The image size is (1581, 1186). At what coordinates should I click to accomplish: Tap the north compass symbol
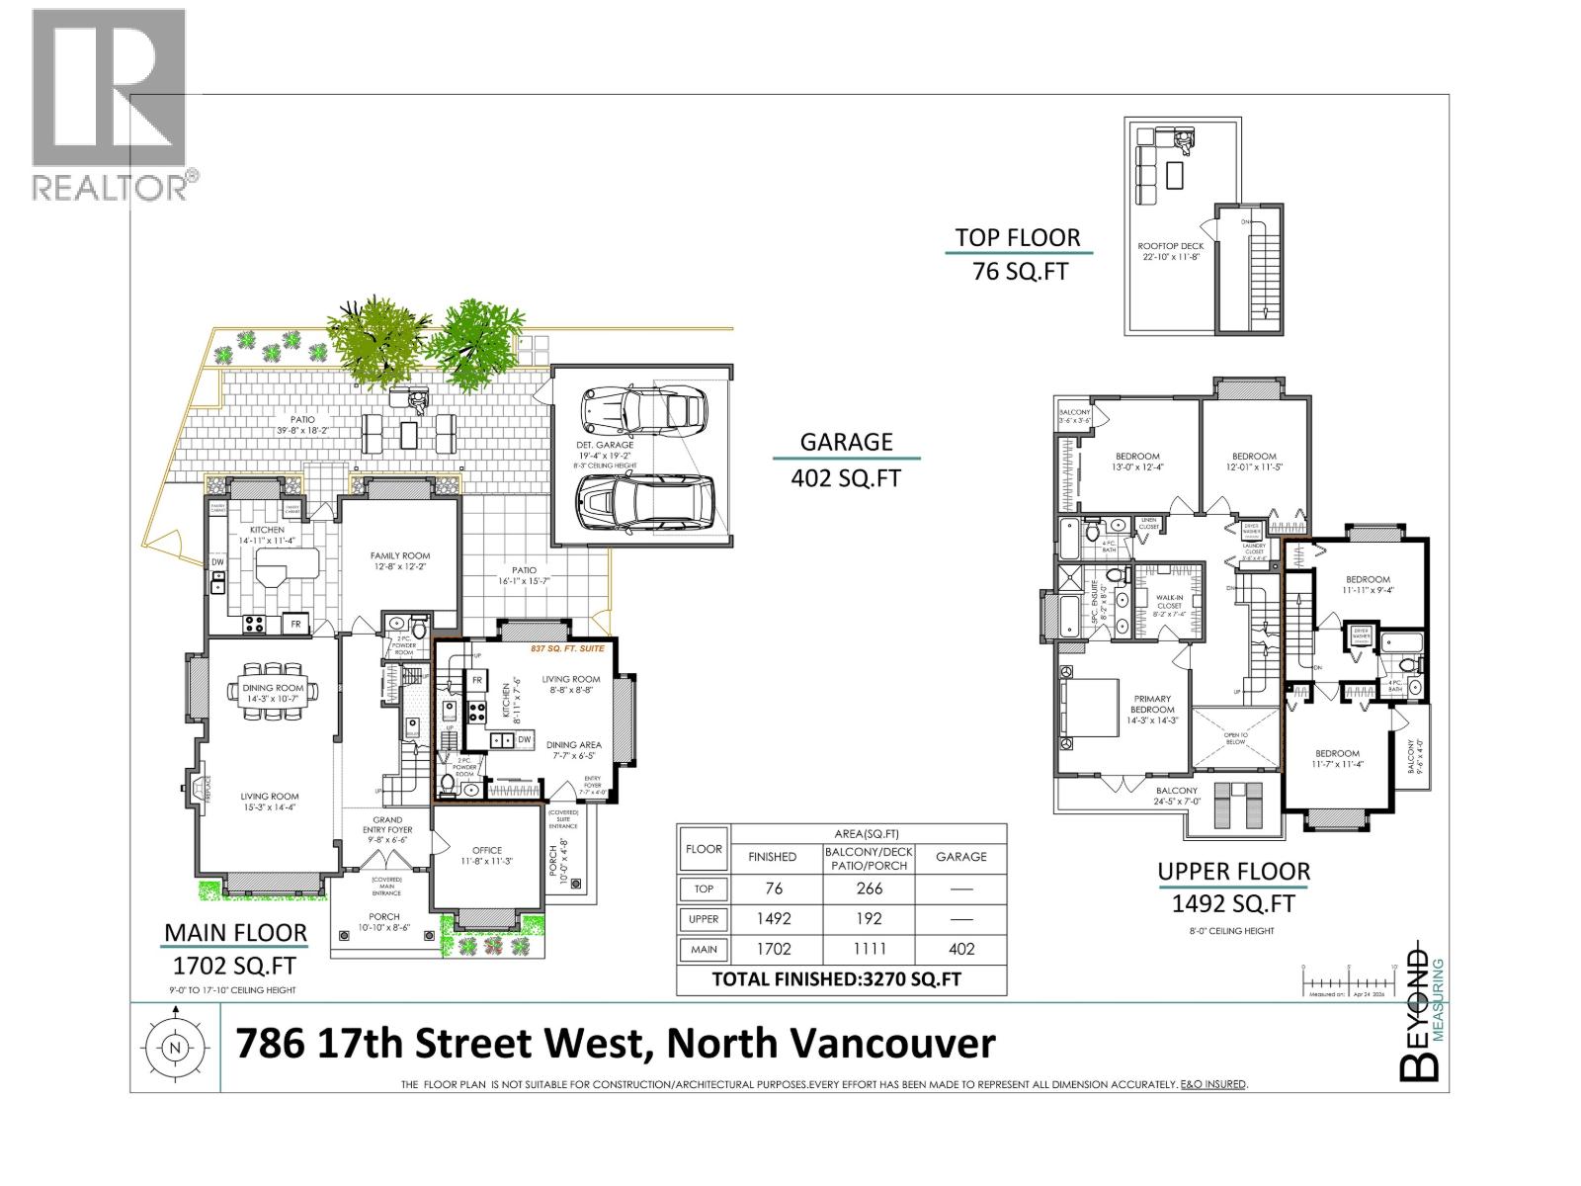coord(176,1048)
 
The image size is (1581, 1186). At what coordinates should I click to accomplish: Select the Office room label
coord(487,856)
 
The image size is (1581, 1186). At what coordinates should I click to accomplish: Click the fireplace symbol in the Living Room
coord(204,787)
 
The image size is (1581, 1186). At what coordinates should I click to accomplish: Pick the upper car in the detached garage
coord(644,408)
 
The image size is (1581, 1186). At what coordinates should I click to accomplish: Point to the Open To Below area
coord(1236,737)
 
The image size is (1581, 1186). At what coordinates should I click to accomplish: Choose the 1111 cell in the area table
coord(869,949)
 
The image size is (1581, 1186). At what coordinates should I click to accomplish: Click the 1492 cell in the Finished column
coord(773,918)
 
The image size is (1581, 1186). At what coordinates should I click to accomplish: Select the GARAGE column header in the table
coord(960,857)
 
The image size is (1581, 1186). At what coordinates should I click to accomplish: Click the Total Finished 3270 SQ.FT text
coord(837,979)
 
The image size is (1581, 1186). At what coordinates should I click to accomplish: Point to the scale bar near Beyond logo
coord(1348,982)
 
